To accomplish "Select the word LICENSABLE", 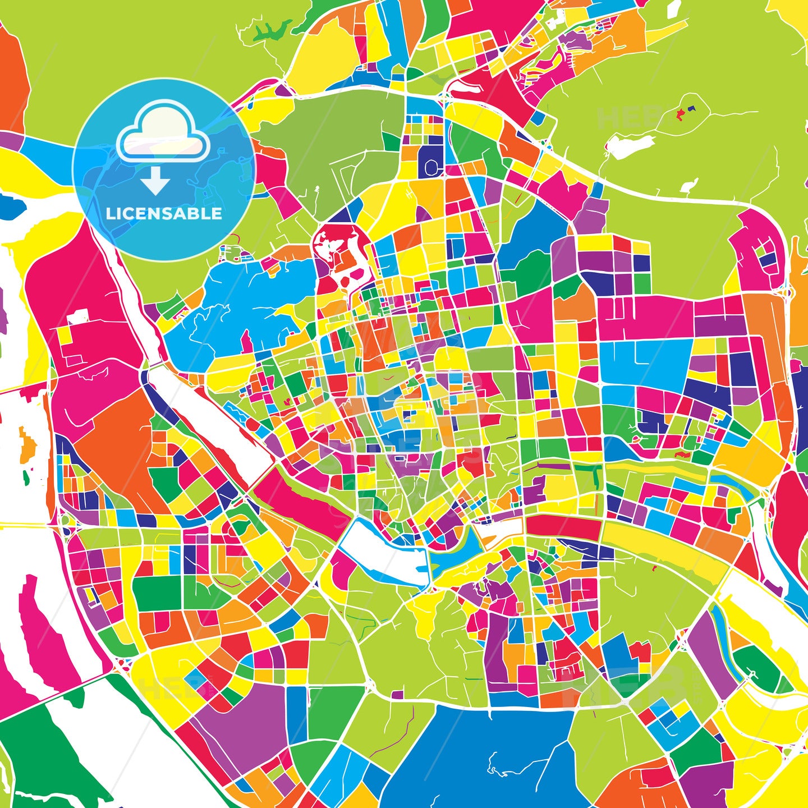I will [x=164, y=214].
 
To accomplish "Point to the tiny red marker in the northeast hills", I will [x=681, y=115].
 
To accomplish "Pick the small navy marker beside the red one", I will [x=691, y=108].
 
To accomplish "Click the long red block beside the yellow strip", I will [x=563, y=527].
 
